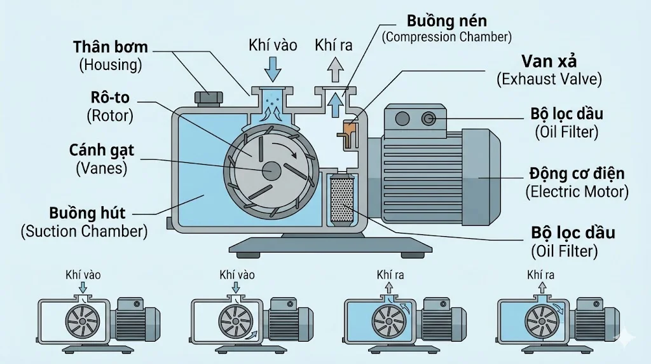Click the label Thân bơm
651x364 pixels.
point(111,46)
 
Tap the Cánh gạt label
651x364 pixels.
point(106,151)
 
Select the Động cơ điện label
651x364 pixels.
point(577,173)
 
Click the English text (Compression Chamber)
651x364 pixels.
point(446,37)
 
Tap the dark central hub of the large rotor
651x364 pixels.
point(271,170)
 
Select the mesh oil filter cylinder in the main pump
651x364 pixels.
point(343,200)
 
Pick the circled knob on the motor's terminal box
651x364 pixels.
point(430,118)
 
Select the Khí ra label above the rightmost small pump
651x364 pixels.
point(541,275)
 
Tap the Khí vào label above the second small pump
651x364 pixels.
point(237,275)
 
